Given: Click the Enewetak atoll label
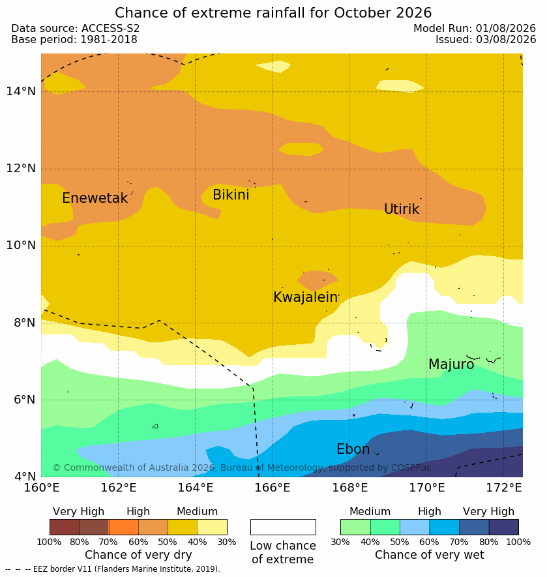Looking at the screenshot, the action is pos(95,198).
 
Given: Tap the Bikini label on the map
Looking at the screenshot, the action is pos(231,195).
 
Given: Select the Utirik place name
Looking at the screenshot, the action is pos(402,209).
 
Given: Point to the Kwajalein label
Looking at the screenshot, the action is pos(305,297).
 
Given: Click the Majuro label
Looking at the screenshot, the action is pos(451,364).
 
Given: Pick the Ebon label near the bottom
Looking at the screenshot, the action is pos(353,449).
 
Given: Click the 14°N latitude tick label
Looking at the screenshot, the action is pos(21,91).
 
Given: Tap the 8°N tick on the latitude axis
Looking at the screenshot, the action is pos(25,323).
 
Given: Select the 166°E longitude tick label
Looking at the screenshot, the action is pos(273,488).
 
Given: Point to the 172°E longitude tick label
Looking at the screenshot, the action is pos(504,488).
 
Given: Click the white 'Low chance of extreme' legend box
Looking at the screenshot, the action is pos(283,527).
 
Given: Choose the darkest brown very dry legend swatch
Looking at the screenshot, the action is pos(65,527).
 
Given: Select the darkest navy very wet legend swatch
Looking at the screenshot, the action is pos(503,527).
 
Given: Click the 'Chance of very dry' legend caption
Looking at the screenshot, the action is pos(138,555).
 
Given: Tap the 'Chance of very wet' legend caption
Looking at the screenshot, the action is pos(429,555).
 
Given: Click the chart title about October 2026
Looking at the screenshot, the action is pos(273,13).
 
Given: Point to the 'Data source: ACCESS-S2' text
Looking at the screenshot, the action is pos(76,28).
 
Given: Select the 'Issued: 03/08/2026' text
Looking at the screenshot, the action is pos(486,39).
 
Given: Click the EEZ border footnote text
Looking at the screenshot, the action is pos(113,569).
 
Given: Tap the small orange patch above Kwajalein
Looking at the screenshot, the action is pos(318,280).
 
